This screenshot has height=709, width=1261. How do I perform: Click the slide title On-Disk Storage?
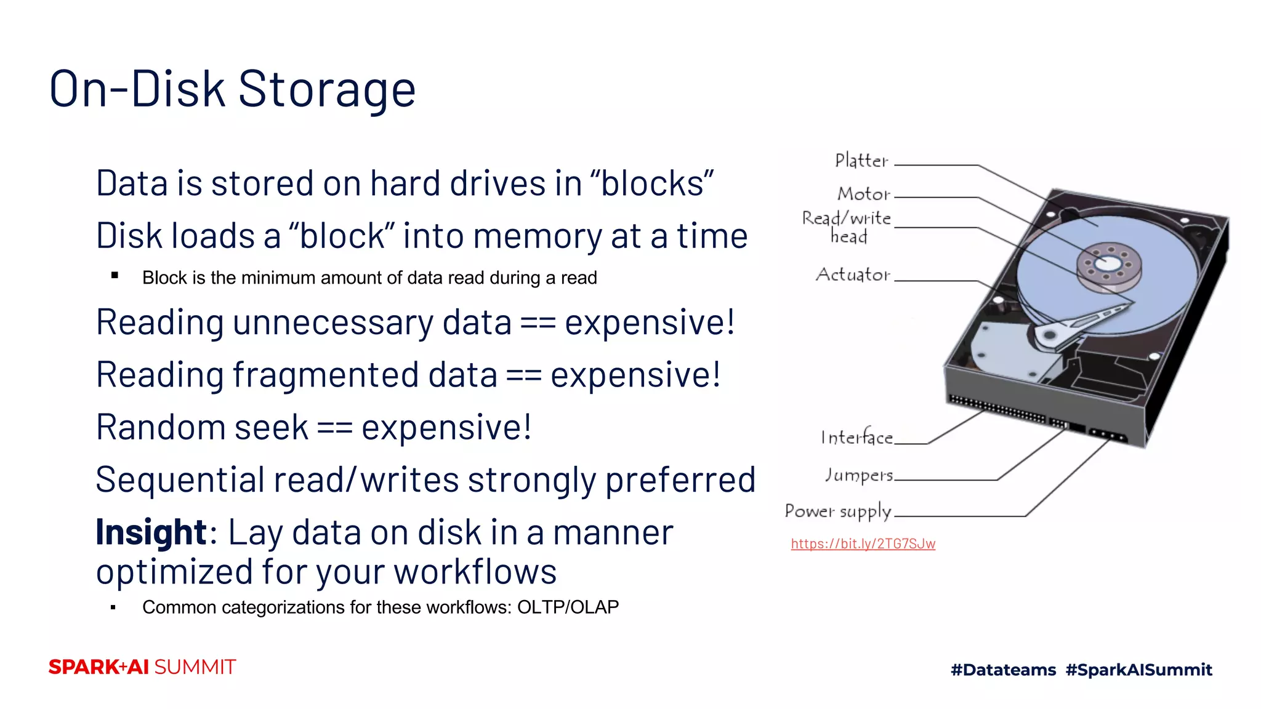[232, 90]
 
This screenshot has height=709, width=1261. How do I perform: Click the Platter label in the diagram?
[861, 161]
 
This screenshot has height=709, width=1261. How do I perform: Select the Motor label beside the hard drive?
[863, 194]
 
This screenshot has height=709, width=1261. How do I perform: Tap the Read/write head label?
[847, 227]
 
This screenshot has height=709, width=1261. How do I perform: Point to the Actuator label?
[853, 274]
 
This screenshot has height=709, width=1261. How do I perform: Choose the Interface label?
[856, 438]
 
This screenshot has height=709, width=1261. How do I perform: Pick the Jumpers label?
[859, 475]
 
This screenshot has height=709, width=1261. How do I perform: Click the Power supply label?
[838, 511]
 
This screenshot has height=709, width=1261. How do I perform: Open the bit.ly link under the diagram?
[863, 544]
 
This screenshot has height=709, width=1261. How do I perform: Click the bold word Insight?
[151, 533]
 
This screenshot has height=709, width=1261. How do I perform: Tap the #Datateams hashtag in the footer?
[1003, 670]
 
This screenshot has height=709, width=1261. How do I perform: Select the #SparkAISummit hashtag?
[1138, 670]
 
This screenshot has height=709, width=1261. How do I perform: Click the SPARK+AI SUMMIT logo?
[142, 667]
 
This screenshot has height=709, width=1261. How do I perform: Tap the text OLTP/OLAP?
[568, 607]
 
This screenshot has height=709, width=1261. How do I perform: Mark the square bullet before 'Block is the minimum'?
[115, 276]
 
